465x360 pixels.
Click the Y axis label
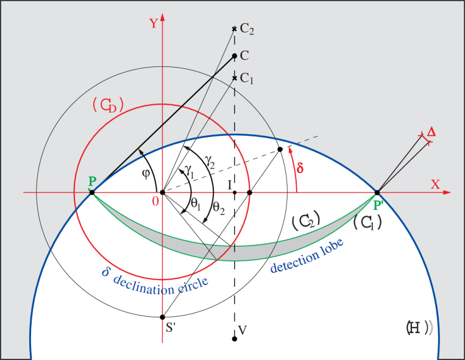click(154, 24)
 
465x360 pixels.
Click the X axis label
click(435, 184)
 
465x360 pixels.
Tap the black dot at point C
click(235, 55)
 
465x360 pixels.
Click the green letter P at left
click(91, 181)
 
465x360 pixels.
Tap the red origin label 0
click(156, 200)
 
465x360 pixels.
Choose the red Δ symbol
click(431, 132)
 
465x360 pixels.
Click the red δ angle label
click(300, 168)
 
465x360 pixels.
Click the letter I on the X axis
click(229, 184)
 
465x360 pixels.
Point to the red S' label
click(171, 328)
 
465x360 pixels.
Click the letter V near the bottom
click(242, 330)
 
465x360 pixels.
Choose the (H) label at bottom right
click(419, 328)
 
